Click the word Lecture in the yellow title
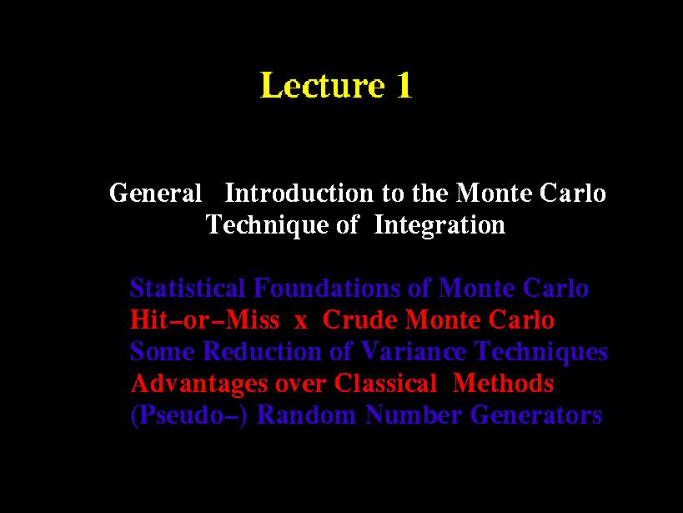[323, 84]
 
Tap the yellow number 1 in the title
[404, 84]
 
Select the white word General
[155, 193]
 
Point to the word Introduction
[299, 193]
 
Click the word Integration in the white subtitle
[439, 226]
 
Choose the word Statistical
[188, 288]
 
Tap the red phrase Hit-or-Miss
[204, 319]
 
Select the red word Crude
[359, 319]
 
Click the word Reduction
[262, 351]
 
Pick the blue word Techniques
[540, 352]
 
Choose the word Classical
[385, 383]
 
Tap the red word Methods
[503, 383]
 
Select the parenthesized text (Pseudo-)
[189, 415]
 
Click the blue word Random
[306, 415]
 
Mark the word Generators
[536, 415]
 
